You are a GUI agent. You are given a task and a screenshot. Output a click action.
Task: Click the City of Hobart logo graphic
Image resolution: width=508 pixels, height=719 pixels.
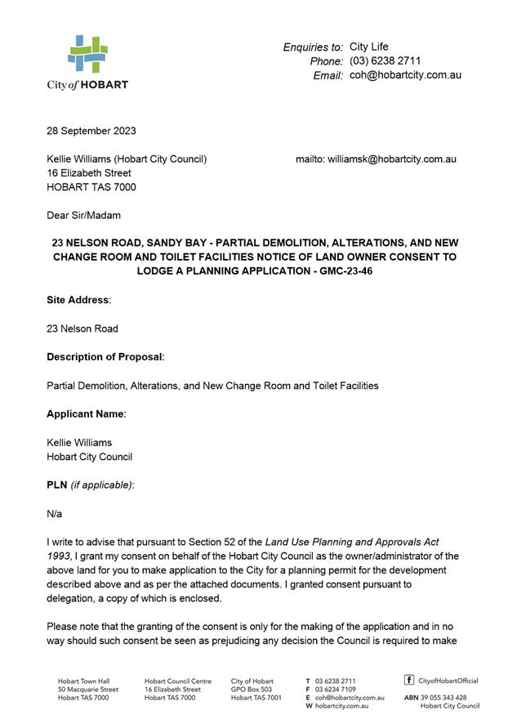click(87, 54)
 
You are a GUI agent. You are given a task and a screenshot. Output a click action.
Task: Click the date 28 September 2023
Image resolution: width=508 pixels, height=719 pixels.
click(91, 131)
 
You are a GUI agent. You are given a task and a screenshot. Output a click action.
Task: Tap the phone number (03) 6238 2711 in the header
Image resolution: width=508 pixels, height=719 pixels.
click(385, 61)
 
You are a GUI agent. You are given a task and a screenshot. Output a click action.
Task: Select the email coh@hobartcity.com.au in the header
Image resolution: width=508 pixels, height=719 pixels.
click(405, 75)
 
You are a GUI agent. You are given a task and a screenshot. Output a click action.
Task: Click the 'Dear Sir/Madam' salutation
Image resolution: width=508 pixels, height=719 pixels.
click(83, 216)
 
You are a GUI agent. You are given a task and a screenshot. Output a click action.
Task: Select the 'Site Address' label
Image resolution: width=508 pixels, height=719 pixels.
click(78, 300)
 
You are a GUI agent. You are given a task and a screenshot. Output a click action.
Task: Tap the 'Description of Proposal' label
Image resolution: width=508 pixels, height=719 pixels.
click(105, 357)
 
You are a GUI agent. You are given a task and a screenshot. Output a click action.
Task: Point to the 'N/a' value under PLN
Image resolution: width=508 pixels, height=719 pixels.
click(54, 514)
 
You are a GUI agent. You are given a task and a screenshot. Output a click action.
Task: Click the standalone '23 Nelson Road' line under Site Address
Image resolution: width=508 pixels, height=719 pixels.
click(82, 328)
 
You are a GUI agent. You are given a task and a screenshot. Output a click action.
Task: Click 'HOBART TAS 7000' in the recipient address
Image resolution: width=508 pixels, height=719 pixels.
click(91, 187)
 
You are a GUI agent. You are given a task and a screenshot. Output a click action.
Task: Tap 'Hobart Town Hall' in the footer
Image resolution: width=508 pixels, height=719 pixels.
click(83, 681)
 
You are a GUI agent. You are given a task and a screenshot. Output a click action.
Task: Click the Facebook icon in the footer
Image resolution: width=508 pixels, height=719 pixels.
click(409, 680)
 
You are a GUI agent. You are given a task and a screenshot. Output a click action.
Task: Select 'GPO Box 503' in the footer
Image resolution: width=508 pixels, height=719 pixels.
click(252, 690)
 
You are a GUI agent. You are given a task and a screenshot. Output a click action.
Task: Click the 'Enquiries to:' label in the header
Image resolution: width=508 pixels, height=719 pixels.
click(313, 47)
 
